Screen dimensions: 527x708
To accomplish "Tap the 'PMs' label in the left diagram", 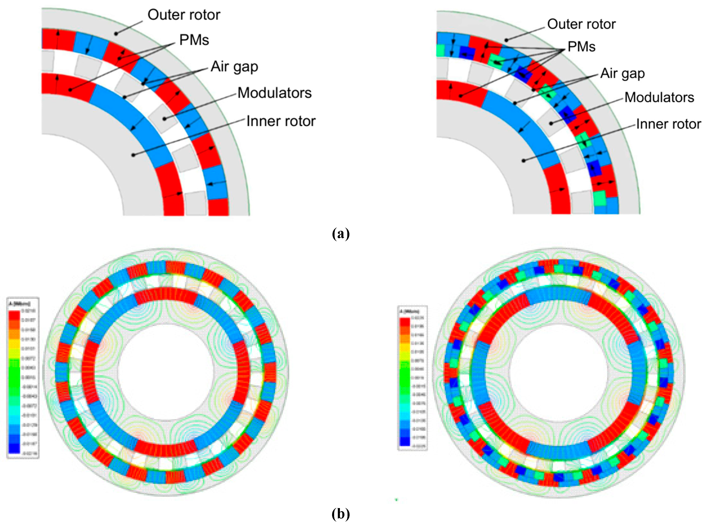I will (x=194, y=40).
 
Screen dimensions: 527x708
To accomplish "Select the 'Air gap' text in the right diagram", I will (x=622, y=74).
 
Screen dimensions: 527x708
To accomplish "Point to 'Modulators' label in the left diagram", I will (x=274, y=93).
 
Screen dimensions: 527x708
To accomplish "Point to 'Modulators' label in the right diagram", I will (x=659, y=97).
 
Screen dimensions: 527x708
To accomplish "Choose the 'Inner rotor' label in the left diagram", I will (x=281, y=121).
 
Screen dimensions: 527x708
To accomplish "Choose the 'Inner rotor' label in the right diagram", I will (x=668, y=124).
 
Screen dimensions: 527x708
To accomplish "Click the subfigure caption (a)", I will (x=341, y=234).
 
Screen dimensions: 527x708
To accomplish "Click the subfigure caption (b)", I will (x=341, y=514).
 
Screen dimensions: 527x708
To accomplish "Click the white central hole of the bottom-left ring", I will (x=166, y=372).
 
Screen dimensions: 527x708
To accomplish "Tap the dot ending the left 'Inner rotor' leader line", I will (x=133, y=155).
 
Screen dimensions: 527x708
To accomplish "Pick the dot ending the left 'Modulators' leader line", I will (x=165, y=119).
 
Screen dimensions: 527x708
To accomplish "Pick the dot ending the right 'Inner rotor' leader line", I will (x=524, y=160).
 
